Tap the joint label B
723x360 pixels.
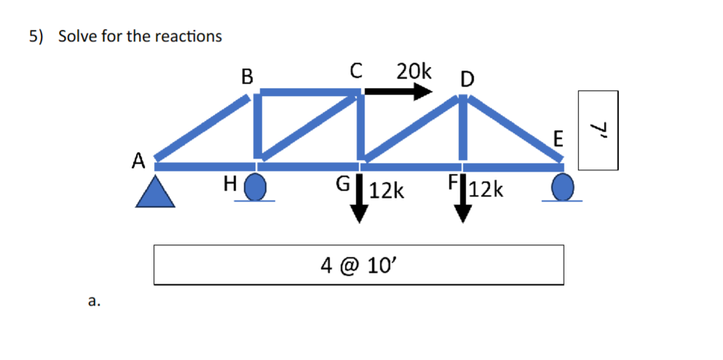(x=247, y=76)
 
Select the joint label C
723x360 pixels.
(x=356, y=71)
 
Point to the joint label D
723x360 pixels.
(x=466, y=78)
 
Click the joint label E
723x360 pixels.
(x=557, y=138)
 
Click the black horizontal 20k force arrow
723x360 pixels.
(x=397, y=92)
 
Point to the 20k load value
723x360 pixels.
(x=414, y=71)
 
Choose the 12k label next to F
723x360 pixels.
(x=485, y=190)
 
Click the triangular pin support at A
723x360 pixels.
(x=156, y=193)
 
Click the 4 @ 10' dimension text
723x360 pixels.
(x=358, y=265)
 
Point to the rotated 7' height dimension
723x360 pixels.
(x=598, y=130)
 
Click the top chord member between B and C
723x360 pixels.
(x=309, y=92)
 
